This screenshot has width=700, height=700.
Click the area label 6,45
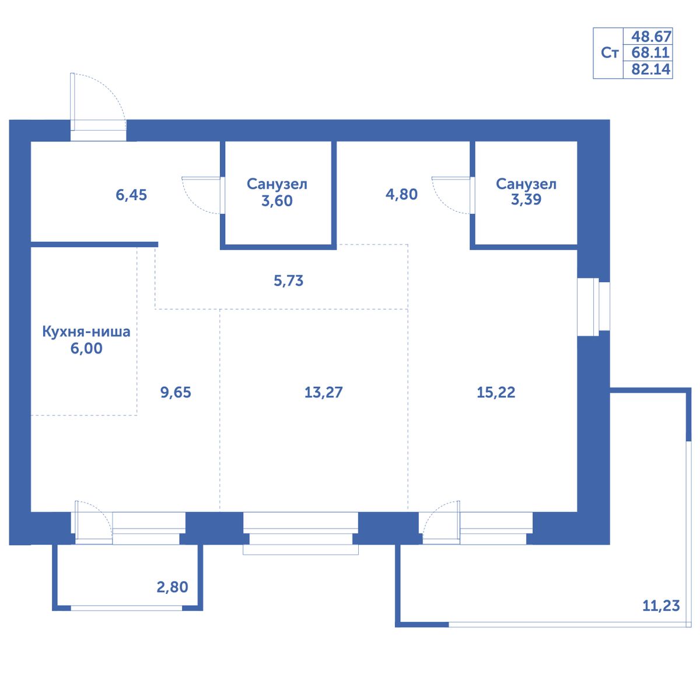click(x=131, y=195)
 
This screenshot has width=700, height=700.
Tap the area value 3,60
click(x=277, y=201)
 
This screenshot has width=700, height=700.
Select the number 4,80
click(x=401, y=194)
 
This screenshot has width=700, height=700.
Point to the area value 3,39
click(x=526, y=199)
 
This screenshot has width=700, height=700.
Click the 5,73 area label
click(x=288, y=281)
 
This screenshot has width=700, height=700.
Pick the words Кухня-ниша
click(x=86, y=332)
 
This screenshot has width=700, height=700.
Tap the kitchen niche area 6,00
click(x=86, y=348)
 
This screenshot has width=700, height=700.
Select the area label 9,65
click(x=176, y=393)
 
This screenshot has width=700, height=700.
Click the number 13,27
click(x=323, y=393)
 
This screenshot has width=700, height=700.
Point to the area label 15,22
click(x=496, y=393)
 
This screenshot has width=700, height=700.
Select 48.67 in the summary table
click(x=652, y=37)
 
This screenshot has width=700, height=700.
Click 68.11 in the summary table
click(x=650, y=52)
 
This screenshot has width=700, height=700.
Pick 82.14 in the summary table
click(x=650, y=69)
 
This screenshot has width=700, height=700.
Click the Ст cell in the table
click(x=609, y=53)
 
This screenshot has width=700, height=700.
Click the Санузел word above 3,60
click(x=277, y=184)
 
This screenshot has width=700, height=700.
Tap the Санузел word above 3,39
click(x=526, y=184)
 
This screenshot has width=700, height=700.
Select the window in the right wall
click(x=593, y=307)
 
